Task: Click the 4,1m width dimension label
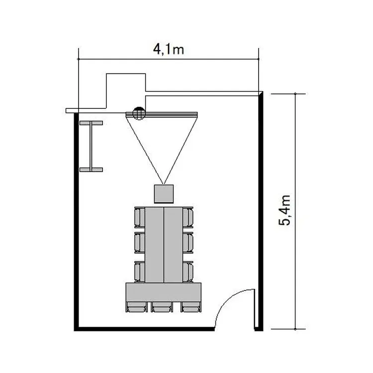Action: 169,49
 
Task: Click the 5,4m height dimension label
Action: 284,210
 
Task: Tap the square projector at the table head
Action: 164,194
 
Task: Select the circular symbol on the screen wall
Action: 139,113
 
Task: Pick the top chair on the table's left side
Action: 140,217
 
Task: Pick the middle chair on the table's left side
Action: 140,243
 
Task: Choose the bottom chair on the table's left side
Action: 140,272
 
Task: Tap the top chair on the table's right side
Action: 188,217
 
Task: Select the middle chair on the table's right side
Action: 188,243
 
